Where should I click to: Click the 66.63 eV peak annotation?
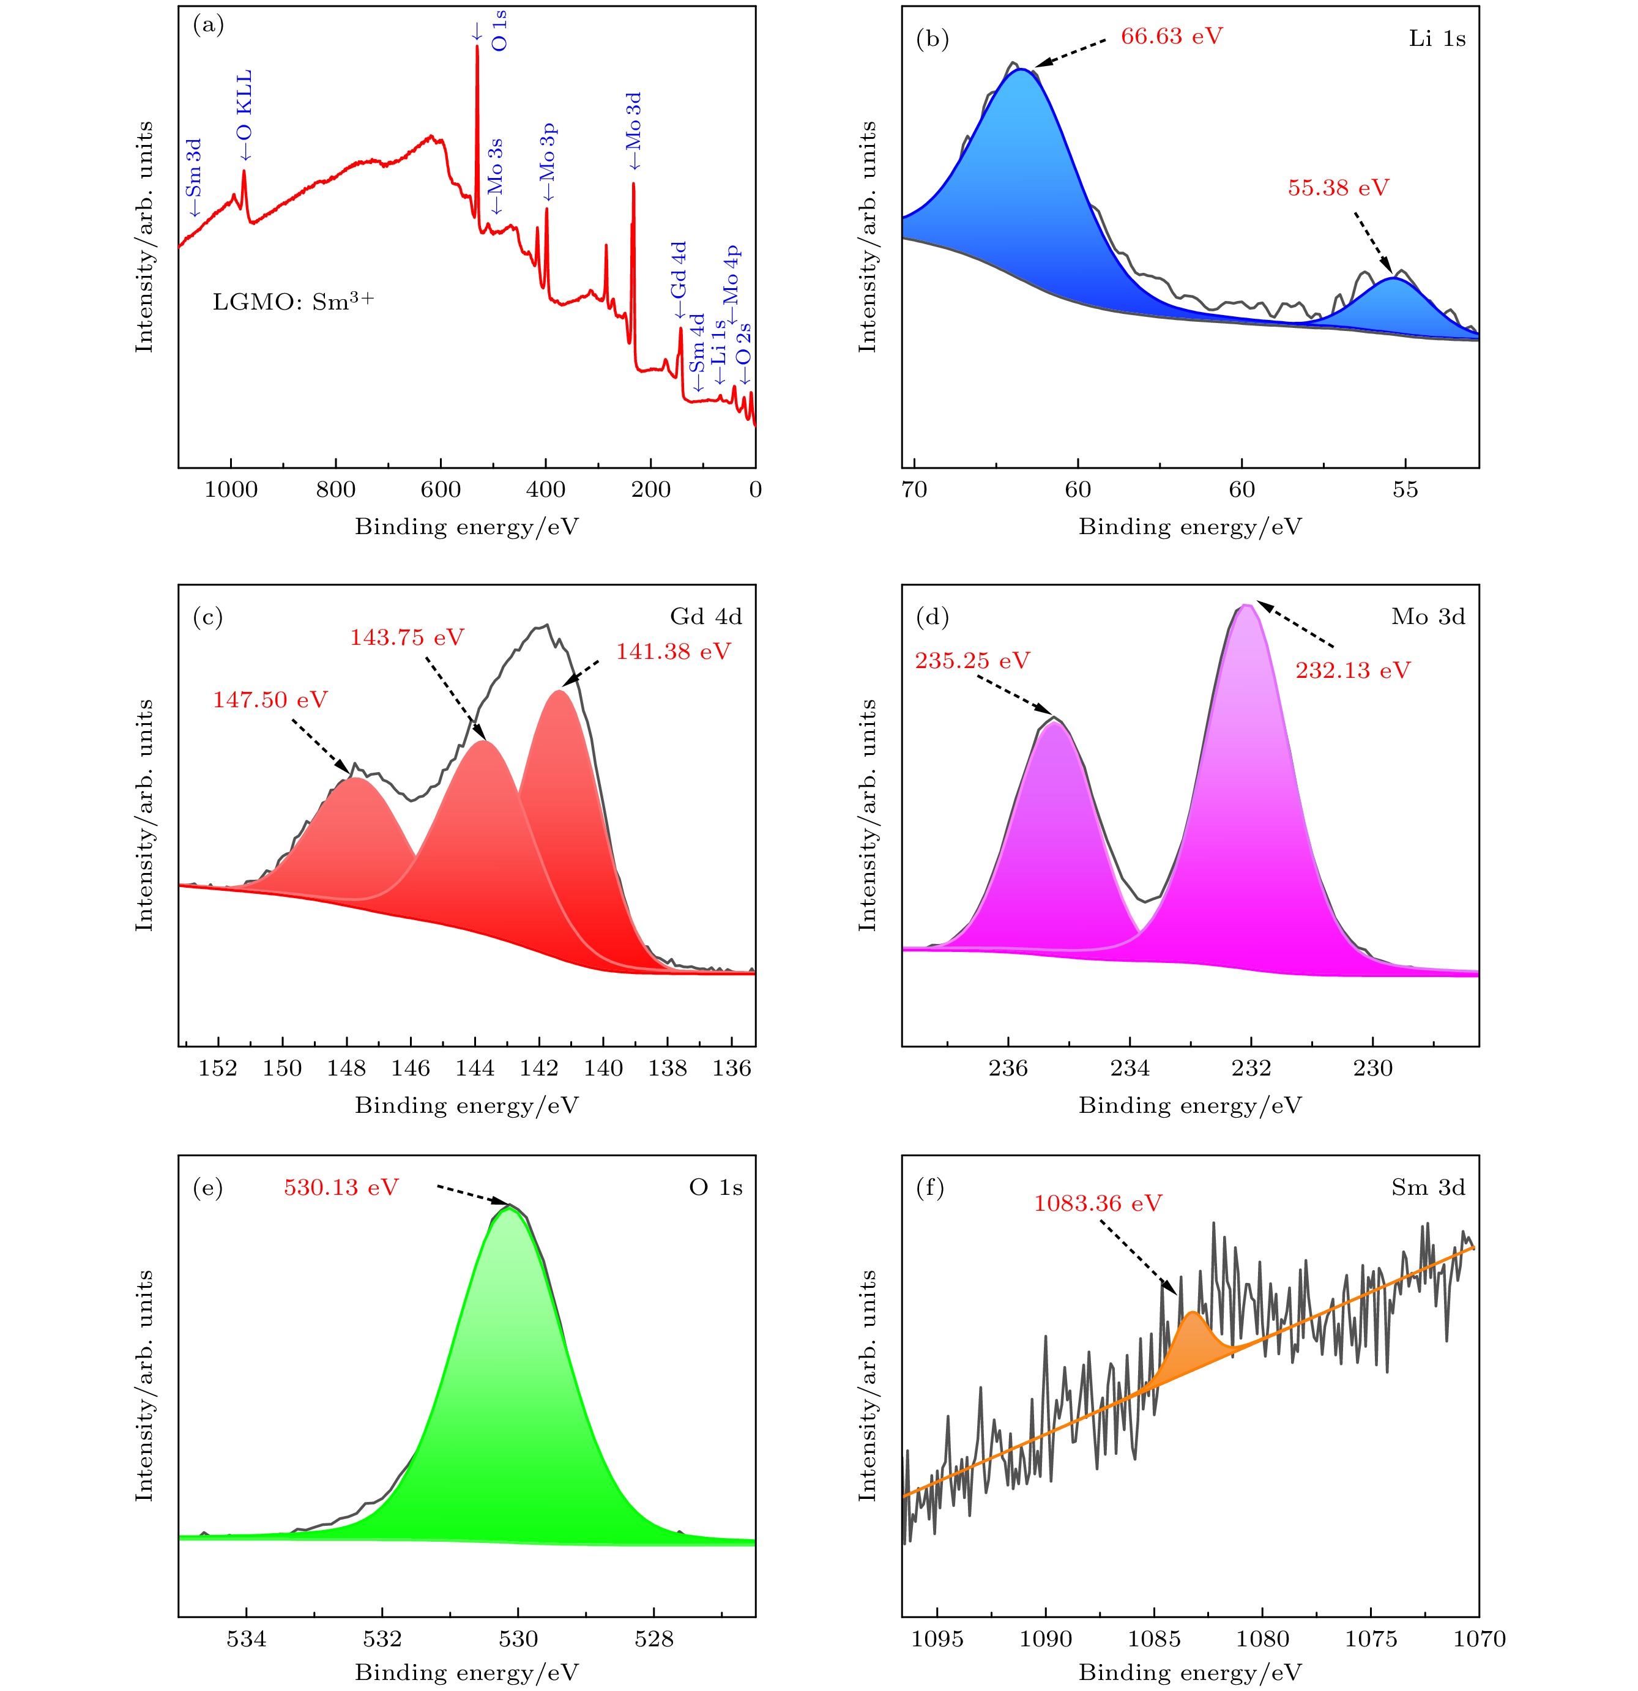(1171, 36)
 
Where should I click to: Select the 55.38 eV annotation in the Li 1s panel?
(1338, 188)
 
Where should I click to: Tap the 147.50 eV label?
(270, 699)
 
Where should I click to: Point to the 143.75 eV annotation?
(406, 637)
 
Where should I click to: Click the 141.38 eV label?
(672, 652)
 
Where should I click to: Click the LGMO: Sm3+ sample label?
(294, 302)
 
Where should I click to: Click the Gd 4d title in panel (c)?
(705, 616)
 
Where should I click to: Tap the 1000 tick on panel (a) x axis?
(231, 490)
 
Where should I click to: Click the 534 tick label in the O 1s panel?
(247, 1638)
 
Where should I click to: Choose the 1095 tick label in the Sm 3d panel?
(937, 1638)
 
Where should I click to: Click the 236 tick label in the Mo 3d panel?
(1008, 1069)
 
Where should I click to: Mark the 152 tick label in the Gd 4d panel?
(218, 1069)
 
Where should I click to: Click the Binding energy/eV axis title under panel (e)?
(466, 1671)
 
